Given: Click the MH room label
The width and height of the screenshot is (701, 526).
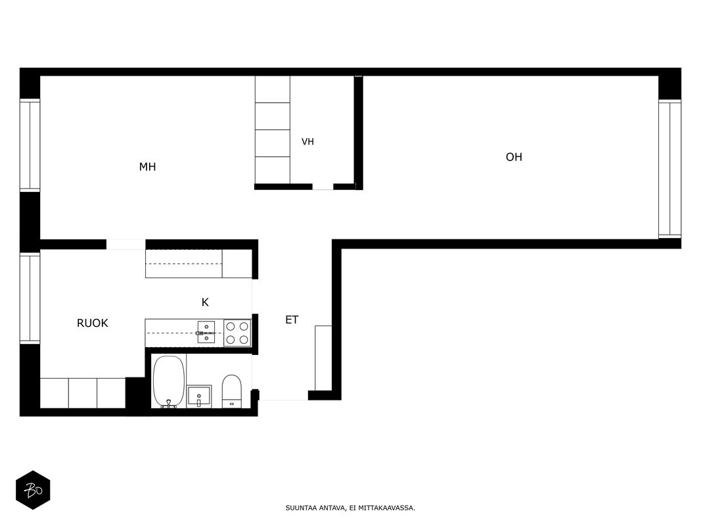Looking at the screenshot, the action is coord(148,167).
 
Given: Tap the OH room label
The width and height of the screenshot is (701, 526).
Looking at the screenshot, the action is coord(514,157).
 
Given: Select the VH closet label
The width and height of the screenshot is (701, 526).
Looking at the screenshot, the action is coord(307,142).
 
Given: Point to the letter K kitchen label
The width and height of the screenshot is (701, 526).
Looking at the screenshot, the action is coord(205,302).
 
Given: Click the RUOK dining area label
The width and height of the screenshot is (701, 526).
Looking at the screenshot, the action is coord(93,323).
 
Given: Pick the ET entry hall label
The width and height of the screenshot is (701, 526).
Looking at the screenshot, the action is coord(292,320).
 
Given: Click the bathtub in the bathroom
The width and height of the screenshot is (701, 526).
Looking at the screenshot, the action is coord(169,381).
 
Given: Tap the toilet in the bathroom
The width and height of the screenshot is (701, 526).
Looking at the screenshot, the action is coord(231,391).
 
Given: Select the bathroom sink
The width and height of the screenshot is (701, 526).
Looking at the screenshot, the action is coord(199,396).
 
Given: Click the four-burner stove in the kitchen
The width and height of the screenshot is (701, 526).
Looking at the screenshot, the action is coord(237,333).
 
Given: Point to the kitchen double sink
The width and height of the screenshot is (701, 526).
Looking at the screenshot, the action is coord(206,332).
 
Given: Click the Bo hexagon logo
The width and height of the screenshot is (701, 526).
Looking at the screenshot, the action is coord(33,490).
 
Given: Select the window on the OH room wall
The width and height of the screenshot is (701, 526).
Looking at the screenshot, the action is coord(669,168).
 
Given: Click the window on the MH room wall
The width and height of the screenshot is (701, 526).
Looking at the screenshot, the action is coord(30,145).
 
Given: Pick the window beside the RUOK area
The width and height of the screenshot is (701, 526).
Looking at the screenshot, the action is coord(30,298).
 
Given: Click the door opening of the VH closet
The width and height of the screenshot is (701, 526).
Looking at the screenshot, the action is coord(323,187).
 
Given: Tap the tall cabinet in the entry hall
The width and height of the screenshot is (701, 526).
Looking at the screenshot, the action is coord(323,358).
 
